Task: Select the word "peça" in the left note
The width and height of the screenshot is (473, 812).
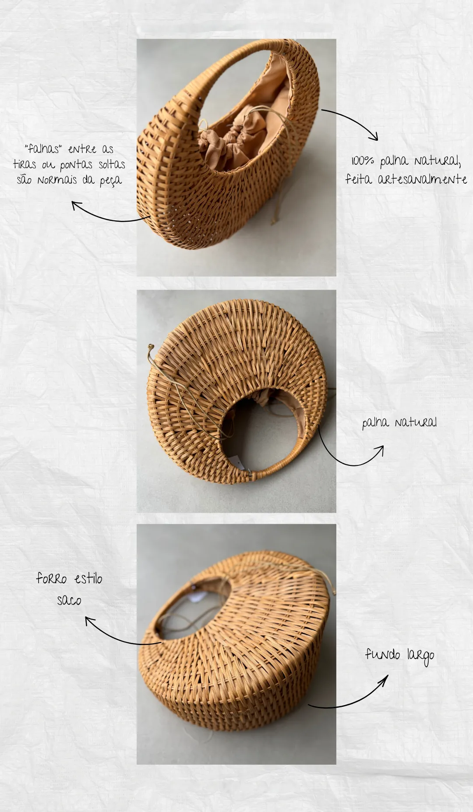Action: point(110,181)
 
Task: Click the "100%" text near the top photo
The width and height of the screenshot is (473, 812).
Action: point(363,161)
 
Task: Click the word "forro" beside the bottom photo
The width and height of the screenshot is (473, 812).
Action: point(51,579)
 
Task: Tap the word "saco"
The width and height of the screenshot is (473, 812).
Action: point(69,600)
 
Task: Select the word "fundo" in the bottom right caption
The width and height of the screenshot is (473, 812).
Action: point(382,654)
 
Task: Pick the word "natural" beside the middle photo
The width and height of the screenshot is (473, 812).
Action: point(416,422)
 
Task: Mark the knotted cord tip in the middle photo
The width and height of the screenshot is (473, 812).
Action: point(151,347)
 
